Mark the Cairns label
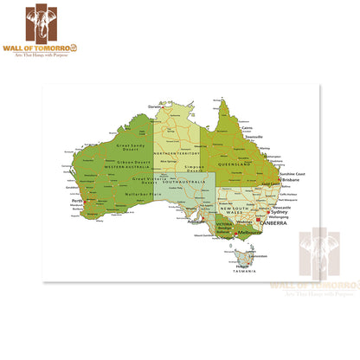point(247,128)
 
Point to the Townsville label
point(254,137)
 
